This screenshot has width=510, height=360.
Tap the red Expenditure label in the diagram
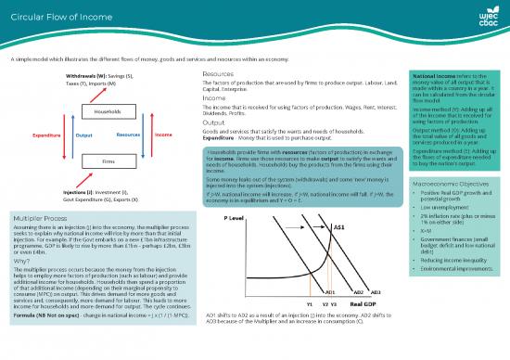[45, 135]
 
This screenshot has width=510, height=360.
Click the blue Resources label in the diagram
[129, 135]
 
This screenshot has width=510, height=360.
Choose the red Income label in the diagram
[162, 135]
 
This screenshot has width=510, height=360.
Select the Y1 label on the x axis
[309, 328]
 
